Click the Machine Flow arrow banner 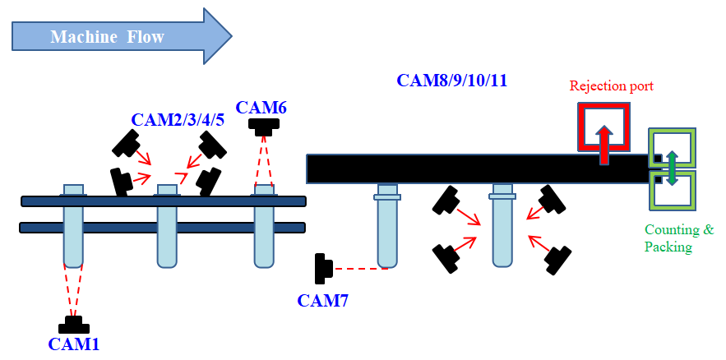tap(122, 36)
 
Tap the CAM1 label tap(73, 344)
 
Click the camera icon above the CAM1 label tap(74, 325)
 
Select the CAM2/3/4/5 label tap(177, 120)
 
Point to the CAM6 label tap(261, 107)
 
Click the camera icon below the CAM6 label tap(264, 127)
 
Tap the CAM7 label tap(322, 301)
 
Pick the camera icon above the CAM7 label tap(322, 267)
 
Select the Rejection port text tap(612, 85)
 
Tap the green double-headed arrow tap(671, 168)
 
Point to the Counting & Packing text tap(679, 238)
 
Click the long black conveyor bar tap(477, 168)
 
